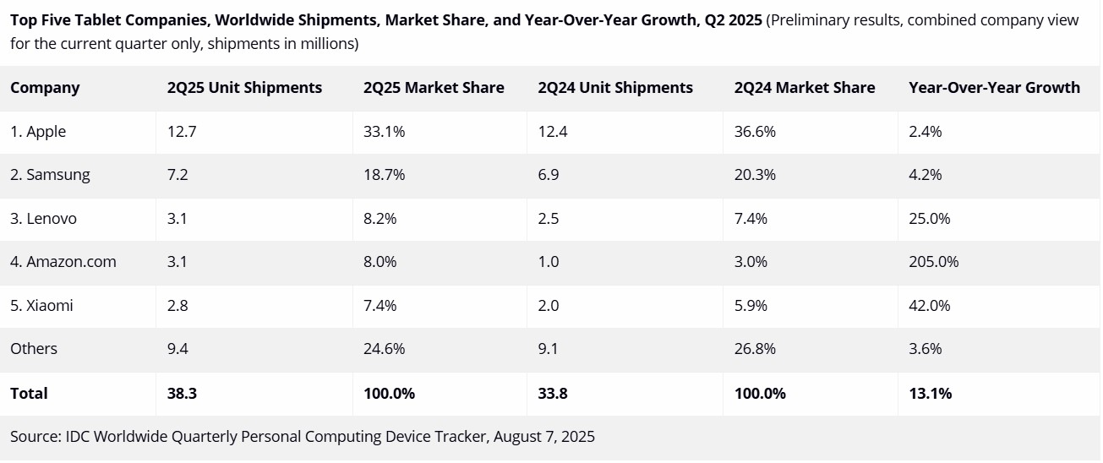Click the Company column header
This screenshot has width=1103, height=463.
pyautogui.click(x=45, y=88)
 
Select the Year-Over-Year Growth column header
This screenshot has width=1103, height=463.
pyautogui.click(x=994, y=88)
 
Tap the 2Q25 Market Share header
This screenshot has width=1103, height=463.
pyautogui.click(x=434, y=88)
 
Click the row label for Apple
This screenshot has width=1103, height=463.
pyautogui.click(x=38, y=132)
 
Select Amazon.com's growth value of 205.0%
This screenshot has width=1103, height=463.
pyautogui.click(x=934, y=262)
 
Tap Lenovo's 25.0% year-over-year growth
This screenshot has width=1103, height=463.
pyautogui.click(x=930, y=219)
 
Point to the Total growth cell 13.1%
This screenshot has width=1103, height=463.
pyautogui.click(x=930, y=394)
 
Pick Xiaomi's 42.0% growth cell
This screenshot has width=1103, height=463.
pyautogui.click(x=930, y=306)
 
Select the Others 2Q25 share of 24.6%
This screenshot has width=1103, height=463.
pyautogui.click(x=384, y=349)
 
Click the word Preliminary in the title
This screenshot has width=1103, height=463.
pyautogui.click(x=809, y=19)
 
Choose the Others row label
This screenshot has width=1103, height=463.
pyautogui.click(x=34, y=349)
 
